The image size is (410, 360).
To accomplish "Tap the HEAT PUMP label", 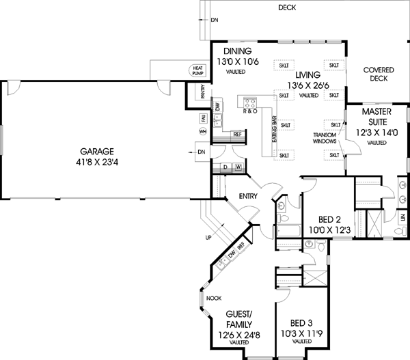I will point(198,70).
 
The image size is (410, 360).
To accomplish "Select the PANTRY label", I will point(203,92).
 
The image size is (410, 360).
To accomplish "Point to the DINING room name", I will point(236,51).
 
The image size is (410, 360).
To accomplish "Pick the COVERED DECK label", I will point(379,74).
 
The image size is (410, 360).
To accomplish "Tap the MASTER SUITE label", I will point(377,115).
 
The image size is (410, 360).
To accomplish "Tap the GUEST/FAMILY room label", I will point(240,322).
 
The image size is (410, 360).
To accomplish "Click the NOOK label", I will point(215,298).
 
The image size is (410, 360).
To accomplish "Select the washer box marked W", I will point(238,167).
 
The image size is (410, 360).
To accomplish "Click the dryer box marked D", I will point(225,167).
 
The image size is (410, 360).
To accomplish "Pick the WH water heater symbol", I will point(203,130).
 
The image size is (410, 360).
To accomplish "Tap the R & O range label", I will point(251,111).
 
